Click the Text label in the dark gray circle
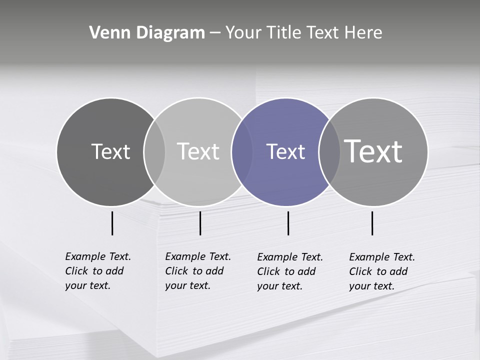pyautogui.click(x=110, y=151)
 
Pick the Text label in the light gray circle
pyautogui.click(x=198, y=151)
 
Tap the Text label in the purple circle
pyautogui.click(x=285, y=152)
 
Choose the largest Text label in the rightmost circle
pyautogui.click(x=373, y=151)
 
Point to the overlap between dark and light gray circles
pyautogui.click(x=154, y=152)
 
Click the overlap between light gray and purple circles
pyautogui.click(x=241, y=152)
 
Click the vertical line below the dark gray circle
pyautogui.click(x=112, y=223)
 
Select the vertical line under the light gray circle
pyautogui.click(x=200, y=223)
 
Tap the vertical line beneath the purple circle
pyautogui.click(x=288, y=223)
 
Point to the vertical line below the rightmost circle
pyautogui.click(x=372, y=223)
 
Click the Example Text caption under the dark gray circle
pyautogui.click(x=98, y=271)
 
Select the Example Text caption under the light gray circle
pyautogui.click(x=198, y=271)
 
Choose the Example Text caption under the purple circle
pyautogui.click(x=290, y=271)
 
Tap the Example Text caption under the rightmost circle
pyautogui.click(x=382, y=271)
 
